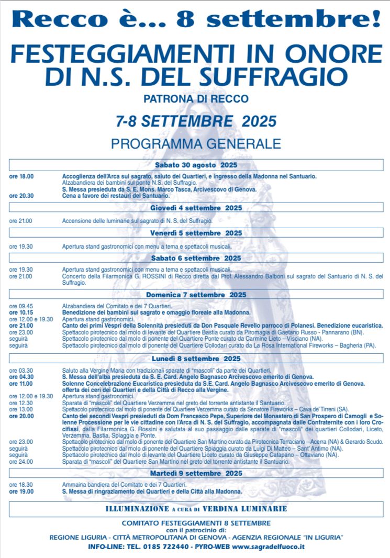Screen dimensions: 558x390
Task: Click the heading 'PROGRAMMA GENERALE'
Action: tap(196, 143)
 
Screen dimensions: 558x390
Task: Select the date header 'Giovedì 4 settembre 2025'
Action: tap(196, 208)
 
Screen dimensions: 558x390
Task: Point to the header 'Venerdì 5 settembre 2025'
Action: tap(196, 233)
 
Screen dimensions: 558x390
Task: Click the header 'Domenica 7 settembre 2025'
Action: tap(196, 295)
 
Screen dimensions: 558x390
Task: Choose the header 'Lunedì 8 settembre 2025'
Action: tap(196, 359)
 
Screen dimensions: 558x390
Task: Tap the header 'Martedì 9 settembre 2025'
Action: tap(196, 473)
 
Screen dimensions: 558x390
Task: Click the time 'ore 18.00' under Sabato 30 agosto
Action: tap(21, 176)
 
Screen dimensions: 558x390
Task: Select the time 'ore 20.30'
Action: tap(21, 196)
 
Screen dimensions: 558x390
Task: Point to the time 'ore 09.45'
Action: tap(21, 306)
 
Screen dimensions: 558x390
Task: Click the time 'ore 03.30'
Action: tap(21, 370)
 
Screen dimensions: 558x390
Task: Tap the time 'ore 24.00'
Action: tap(21, 462)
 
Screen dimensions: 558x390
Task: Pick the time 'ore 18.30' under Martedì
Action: tap(21, 485)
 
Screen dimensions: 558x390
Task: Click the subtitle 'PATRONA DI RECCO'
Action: tap(196, 98)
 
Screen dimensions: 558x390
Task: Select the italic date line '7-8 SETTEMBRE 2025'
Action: tap(196, 121)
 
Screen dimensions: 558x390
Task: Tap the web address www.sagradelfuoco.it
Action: tap(269, 546)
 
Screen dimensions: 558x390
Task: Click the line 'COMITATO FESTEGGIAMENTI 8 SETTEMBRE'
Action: tap(196, 522)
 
